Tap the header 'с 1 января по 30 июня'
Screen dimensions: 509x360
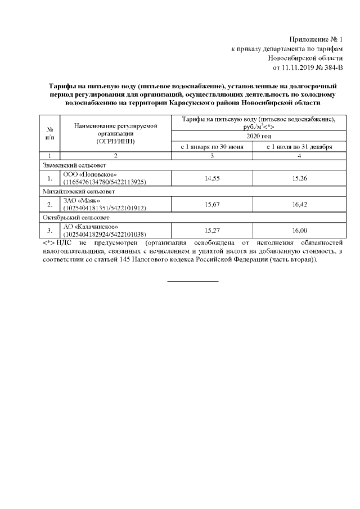pyautogui.click(x=212, y=146)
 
